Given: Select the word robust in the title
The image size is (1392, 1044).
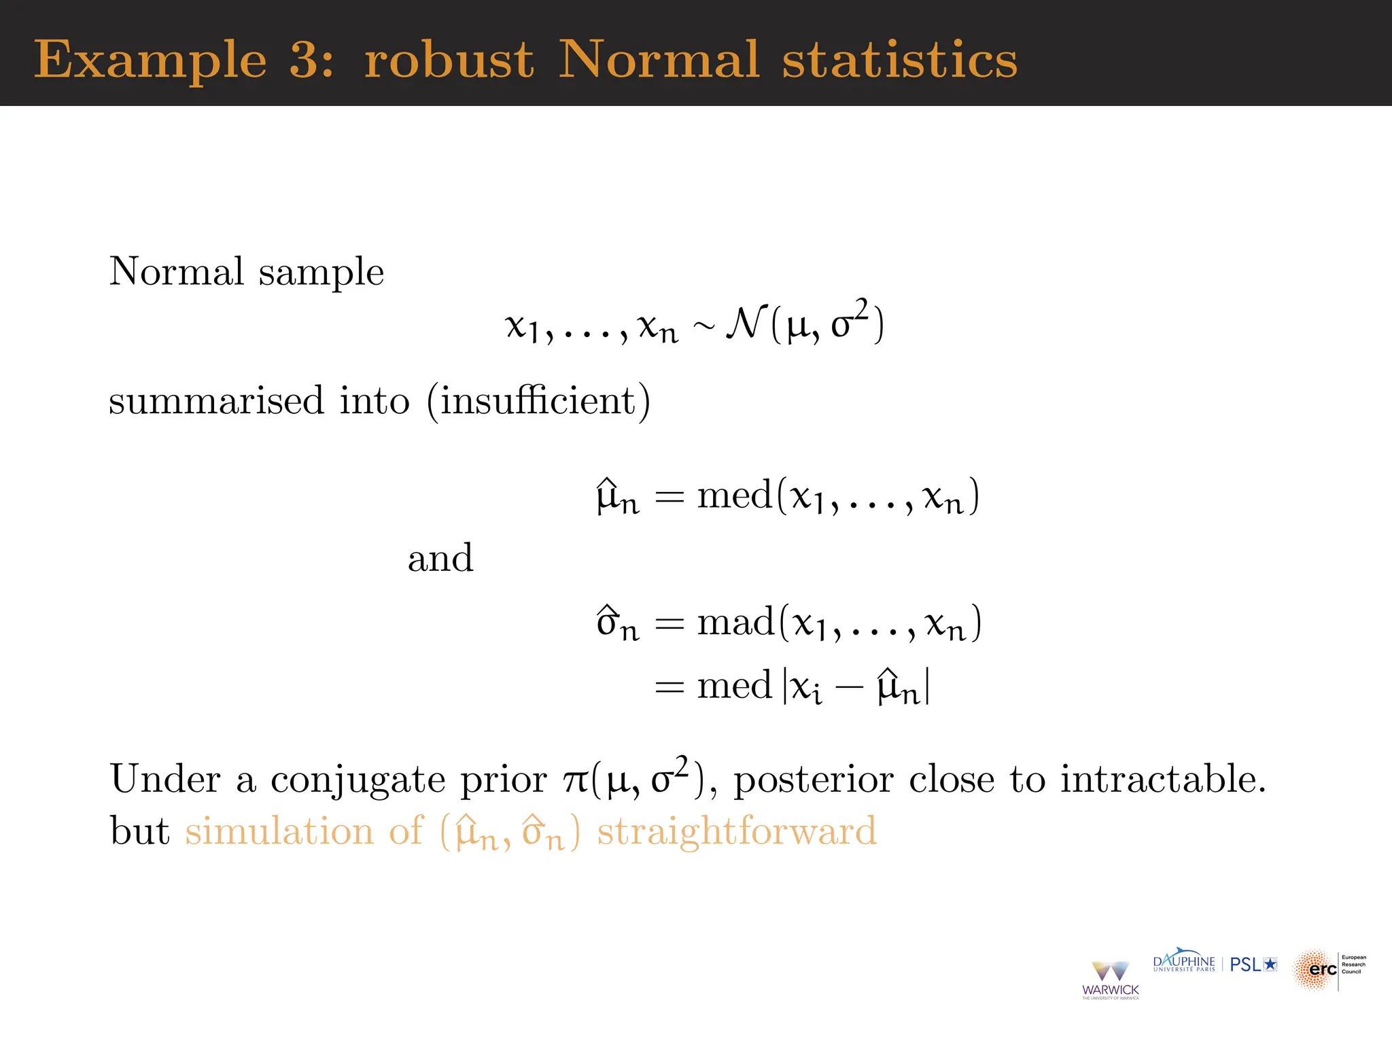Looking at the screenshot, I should coord(449,60).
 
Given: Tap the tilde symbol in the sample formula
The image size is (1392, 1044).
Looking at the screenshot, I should coord(703,328).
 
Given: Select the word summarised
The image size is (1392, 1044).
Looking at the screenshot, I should coord(216,400).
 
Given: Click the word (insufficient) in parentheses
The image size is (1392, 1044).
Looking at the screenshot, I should coord(538,400).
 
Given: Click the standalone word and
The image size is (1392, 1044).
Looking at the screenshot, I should coord(440,559).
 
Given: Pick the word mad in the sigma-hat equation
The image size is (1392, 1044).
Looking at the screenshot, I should coord(735,623).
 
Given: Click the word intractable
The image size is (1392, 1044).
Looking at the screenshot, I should coord(1163,779).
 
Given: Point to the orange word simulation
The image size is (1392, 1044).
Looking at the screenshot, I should coord(279,831).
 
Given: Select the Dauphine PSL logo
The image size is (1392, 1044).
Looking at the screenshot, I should coord(1215,963).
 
